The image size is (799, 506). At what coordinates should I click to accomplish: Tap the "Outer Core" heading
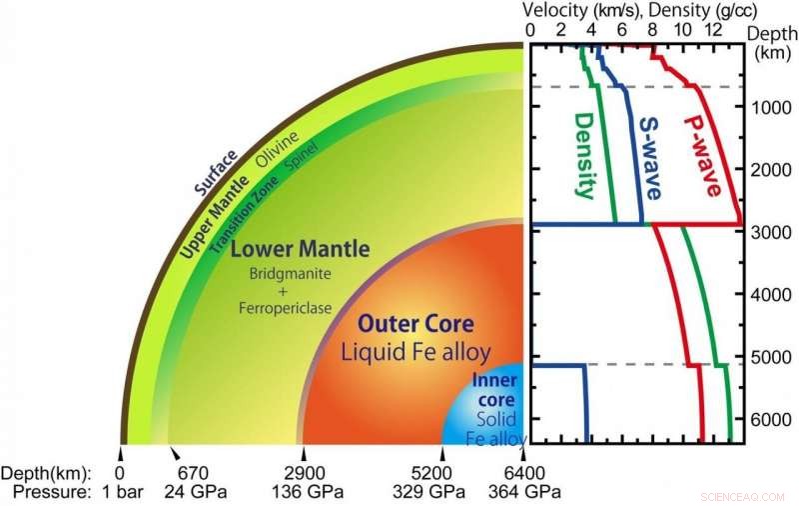coord(415,325)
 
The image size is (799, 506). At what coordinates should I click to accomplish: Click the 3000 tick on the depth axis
coord(771,232)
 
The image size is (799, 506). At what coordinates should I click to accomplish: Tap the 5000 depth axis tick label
coord(771,357)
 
